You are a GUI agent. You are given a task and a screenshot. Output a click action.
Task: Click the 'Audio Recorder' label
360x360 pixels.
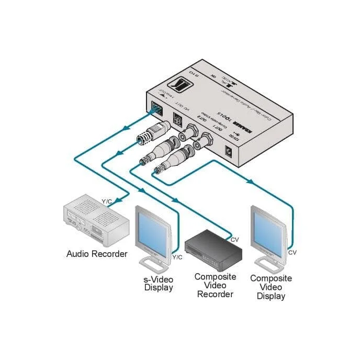click(x=97, y=254)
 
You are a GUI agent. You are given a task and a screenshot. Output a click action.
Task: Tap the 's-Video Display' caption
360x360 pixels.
click(x=159, y=283)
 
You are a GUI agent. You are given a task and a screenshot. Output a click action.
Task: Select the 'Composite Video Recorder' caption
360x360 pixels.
click(x=215, y=285)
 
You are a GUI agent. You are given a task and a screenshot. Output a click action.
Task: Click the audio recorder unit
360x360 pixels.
click(x=95, y=222)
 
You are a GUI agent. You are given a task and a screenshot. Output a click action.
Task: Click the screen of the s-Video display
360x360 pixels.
click(x=152, y=230)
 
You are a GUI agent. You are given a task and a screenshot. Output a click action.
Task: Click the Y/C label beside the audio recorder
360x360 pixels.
click(x=107, y=201)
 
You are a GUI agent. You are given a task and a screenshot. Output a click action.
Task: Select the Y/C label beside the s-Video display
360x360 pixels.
click(x=177, y=257)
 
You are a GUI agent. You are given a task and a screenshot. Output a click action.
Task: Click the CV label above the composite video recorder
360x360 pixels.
click(x=235, y=240)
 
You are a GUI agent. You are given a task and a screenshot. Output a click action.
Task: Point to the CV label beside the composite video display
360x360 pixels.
click(x=292, y=253)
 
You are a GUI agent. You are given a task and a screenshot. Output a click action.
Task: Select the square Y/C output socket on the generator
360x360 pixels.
click(x=177, y=121)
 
